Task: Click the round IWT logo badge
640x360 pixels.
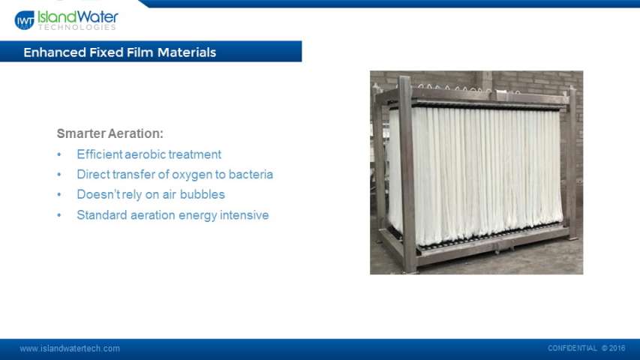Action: click(25, 20)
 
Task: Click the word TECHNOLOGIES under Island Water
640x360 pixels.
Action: click(77, 27)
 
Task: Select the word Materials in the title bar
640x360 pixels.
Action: click(187, 52)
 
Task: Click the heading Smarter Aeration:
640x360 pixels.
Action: click(110, 133)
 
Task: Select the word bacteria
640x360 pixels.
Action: click(251, 174)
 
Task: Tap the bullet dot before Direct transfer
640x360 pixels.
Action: click(59, 175)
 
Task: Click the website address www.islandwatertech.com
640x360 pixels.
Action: click(70, 349)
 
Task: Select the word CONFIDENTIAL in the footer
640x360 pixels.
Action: click(572, 348)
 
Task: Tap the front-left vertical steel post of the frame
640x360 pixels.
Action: click(408, 173)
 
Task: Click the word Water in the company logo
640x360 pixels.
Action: click(98, 17)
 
